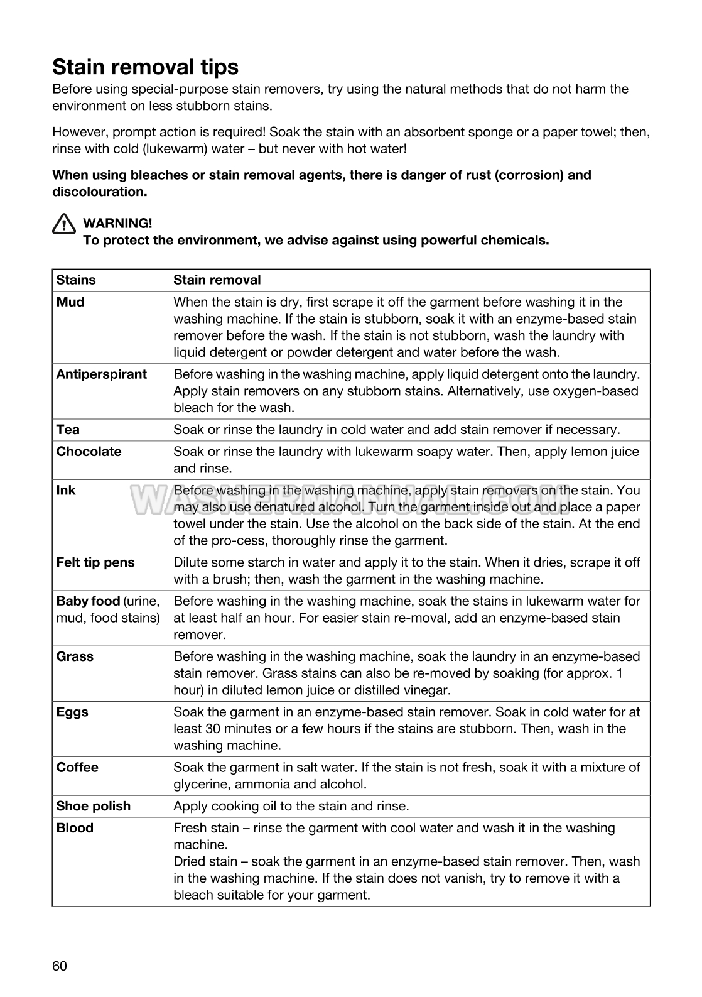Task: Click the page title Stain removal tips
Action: (x=145, y=67)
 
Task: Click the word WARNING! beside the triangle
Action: (x=117, y=223)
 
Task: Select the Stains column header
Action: (x=76, y=280)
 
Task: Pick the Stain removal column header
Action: (x=217, y=280)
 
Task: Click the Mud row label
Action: (x=70, y=302)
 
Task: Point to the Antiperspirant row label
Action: (x=101, y=374)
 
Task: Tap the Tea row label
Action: (x=68, y=430)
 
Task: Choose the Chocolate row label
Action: (x=89, y=452)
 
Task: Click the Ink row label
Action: (x=66, y=491)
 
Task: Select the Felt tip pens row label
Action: (x=95, y=563)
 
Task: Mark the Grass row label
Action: (x=75, y=657)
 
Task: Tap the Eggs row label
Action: (x=72, y=712)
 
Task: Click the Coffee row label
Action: (x=77, y=768)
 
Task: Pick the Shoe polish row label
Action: (x=94, y=807)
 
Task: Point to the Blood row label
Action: (x=75, y=829)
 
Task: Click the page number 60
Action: (x=60, y=966)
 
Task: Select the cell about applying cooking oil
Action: (x=291, y=807)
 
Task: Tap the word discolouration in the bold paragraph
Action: (x=99, y=192)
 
